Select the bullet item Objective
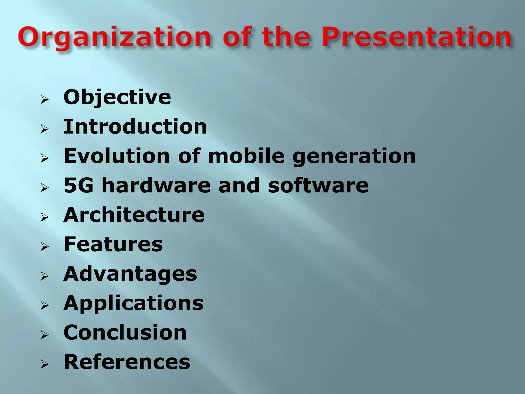tap(117, 98)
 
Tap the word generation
tap(354, 157)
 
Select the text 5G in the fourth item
tap(78, 185)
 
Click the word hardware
tap(156, 185)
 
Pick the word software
tap(318, 185)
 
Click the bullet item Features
tap(113, 244)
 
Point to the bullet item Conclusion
tap(125, 333)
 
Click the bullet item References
tap(127, 362)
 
